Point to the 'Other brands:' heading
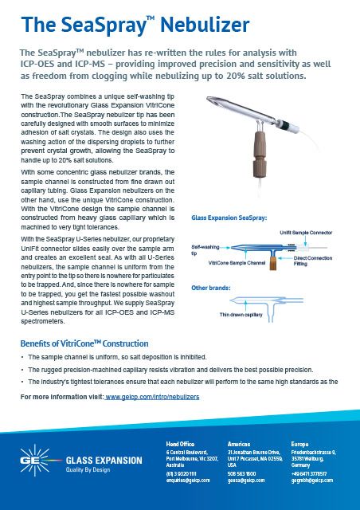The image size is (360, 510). (209, 286)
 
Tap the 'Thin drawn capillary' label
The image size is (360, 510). (242, 316)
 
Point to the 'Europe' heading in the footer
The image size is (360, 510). (300, 443)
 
